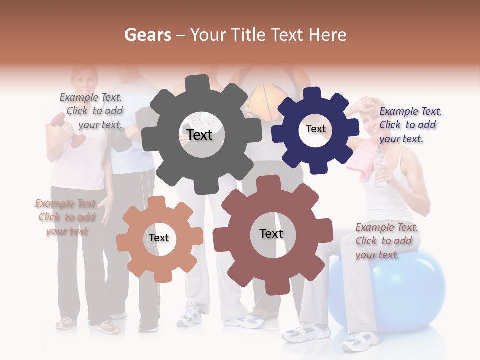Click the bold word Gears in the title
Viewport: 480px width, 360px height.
click(x=147, y=35)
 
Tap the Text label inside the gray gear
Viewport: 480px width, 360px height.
click(x=199, y=135)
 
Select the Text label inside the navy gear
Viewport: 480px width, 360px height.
click(x=315, y=129)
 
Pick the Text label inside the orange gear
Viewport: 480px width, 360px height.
click(x=159, y=238)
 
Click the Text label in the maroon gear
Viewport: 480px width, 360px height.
click(x=271, y=233)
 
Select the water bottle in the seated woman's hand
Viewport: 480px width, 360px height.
click(x=380, y=167)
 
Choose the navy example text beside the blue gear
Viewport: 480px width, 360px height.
click(x=410, y=125)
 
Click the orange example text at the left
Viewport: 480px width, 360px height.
click(x=66, y=217)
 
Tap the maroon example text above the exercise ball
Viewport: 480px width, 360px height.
click(x=386, y=241)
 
